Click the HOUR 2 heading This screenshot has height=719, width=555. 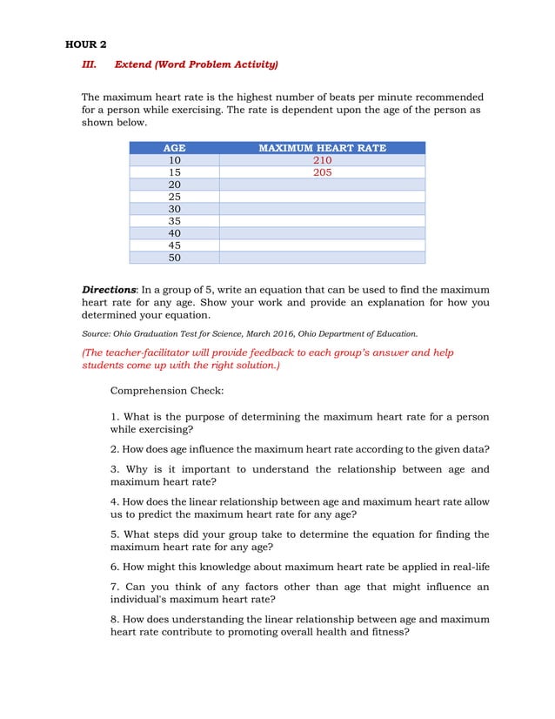point(86,44)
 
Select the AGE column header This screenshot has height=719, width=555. point(174,148)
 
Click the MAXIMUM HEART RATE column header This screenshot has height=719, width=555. point(322,148)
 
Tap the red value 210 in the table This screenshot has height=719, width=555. point(322,160)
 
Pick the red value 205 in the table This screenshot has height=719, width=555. point(322,172)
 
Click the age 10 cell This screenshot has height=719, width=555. point(174,160)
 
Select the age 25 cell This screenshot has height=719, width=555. point(174,197)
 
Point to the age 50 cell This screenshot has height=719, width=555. point(174,258)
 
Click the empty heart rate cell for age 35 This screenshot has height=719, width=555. point(322,221)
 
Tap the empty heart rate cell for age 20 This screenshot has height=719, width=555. point(322,185)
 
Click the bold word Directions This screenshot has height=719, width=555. point(109,289)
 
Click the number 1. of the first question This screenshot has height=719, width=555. point(115,417)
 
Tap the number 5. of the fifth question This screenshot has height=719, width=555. point(115,534)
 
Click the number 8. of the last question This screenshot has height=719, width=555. point(115,619)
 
